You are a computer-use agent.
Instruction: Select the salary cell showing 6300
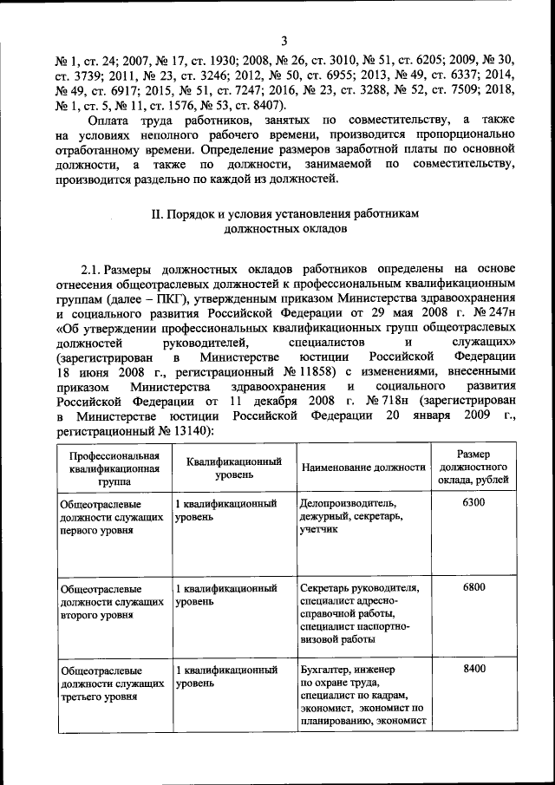[474, 503]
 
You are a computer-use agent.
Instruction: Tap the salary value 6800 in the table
[474, 587]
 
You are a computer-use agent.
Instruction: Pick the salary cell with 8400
[474, 669]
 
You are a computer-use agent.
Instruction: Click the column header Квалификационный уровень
[233, 468]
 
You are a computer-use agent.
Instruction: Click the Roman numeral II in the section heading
[158, 214]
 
